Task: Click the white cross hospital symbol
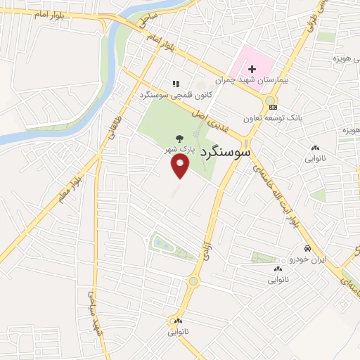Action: coord(250,69)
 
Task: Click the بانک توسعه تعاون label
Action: coord(271,119)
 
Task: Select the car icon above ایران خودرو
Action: coord(307,249)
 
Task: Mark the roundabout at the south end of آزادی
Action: coord(193,282)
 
